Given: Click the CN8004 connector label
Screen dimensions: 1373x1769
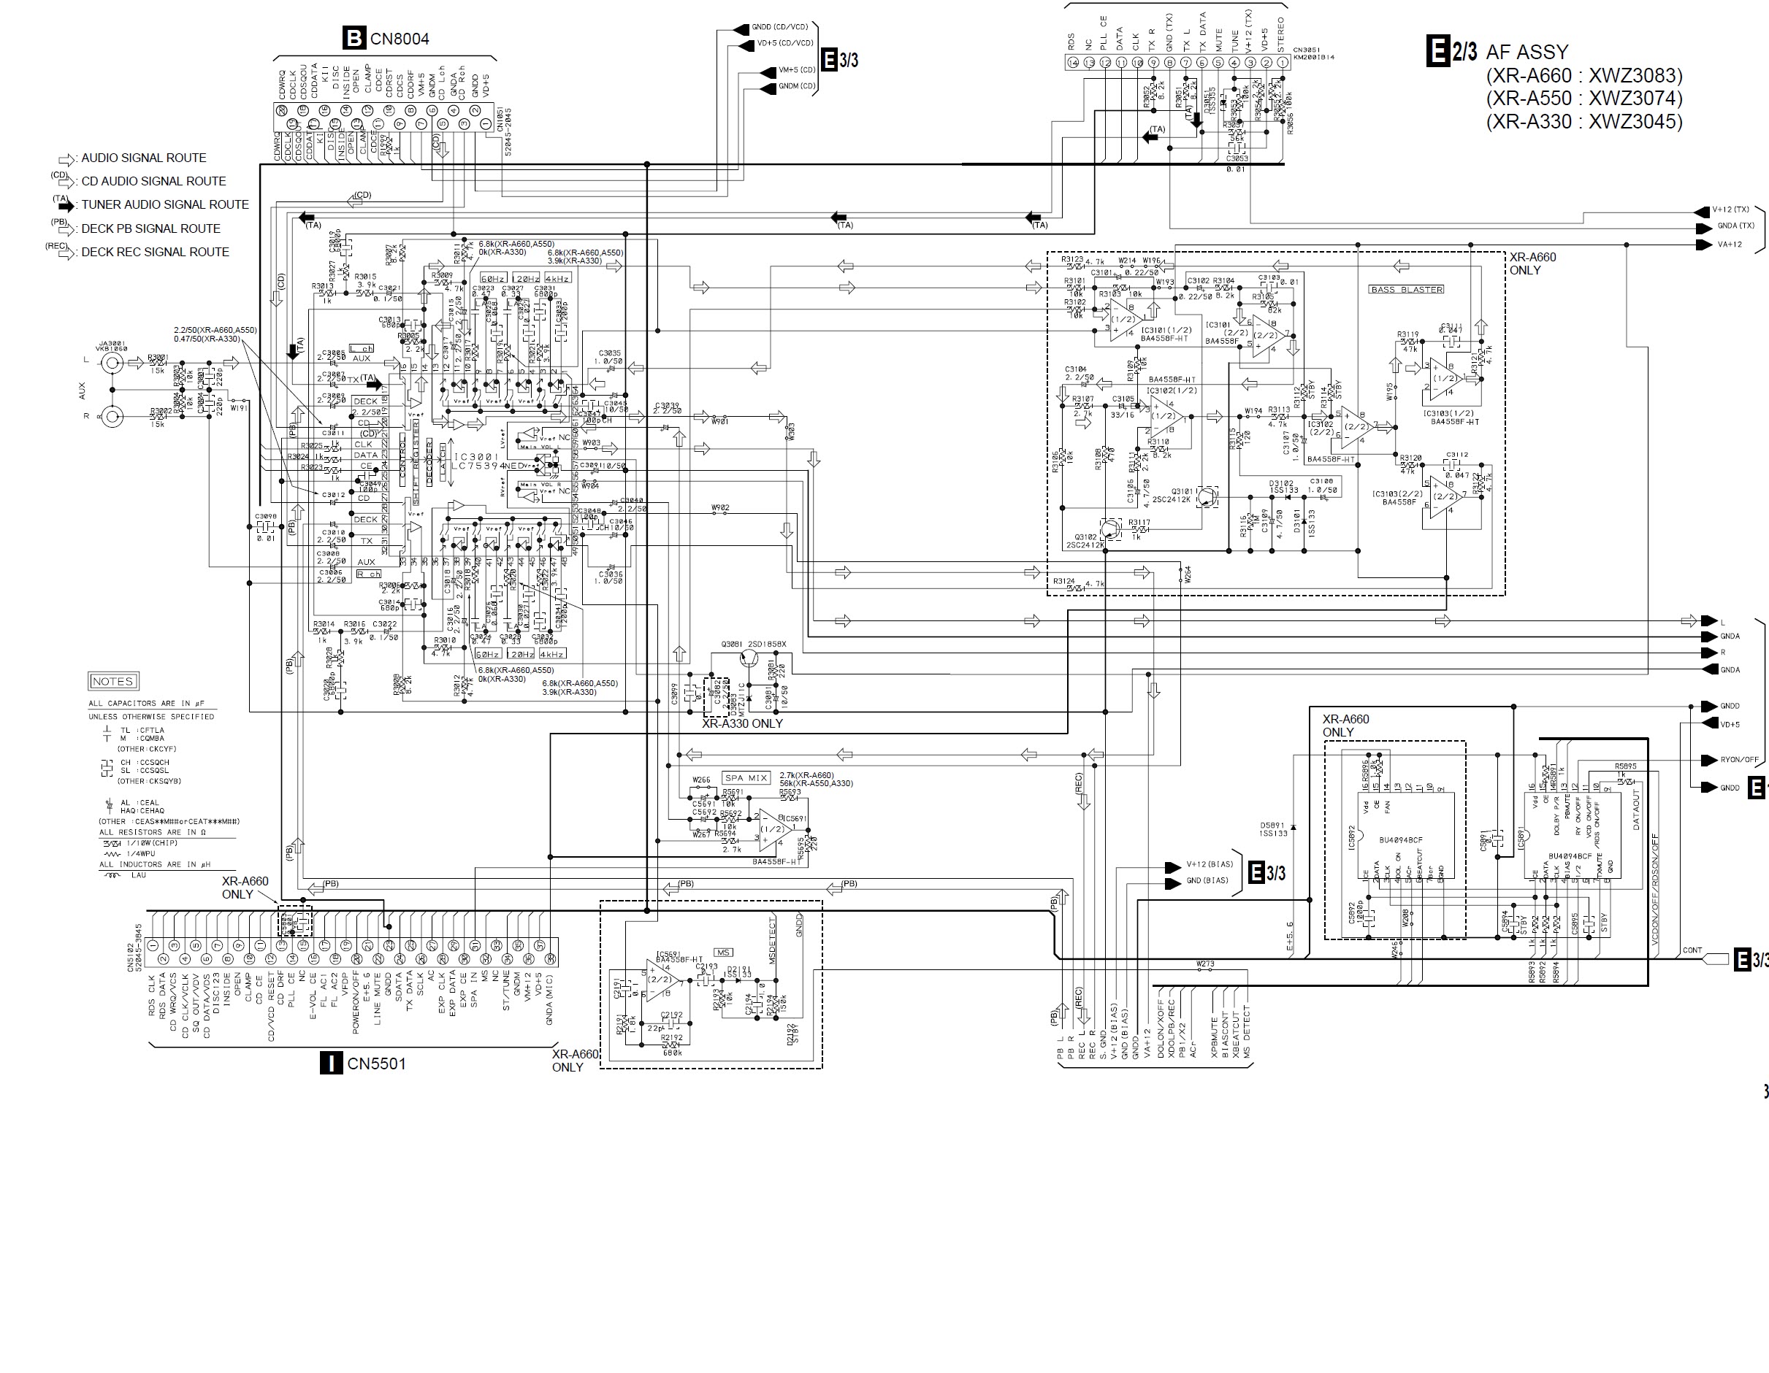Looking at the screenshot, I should coord(400,39).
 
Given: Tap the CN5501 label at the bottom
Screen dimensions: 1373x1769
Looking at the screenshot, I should coord(376,1064).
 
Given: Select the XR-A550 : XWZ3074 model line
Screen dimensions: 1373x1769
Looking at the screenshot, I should coord(1583,98).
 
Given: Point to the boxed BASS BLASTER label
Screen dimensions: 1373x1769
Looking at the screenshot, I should coord(1406,290).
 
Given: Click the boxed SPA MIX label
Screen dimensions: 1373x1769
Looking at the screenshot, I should coord(746,778).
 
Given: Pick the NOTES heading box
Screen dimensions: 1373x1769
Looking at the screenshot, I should coord(112,681).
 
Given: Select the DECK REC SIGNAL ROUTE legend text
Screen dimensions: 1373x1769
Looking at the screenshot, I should coord(155,252).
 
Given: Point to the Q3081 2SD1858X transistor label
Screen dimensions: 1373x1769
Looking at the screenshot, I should coord(753,645).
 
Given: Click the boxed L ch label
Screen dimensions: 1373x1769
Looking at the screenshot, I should coord(362,349).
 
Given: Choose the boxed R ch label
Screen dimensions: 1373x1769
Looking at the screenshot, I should coord(369,574).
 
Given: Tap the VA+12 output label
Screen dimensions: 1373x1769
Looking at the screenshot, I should coord(1726,245).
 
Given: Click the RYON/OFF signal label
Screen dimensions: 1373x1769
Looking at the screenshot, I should coord(1739,759).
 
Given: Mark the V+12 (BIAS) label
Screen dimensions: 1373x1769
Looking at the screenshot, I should coord(1210,864).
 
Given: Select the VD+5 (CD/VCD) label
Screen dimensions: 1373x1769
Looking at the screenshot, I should coord(784,44).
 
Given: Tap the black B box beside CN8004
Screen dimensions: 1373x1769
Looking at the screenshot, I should coord(354,38).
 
